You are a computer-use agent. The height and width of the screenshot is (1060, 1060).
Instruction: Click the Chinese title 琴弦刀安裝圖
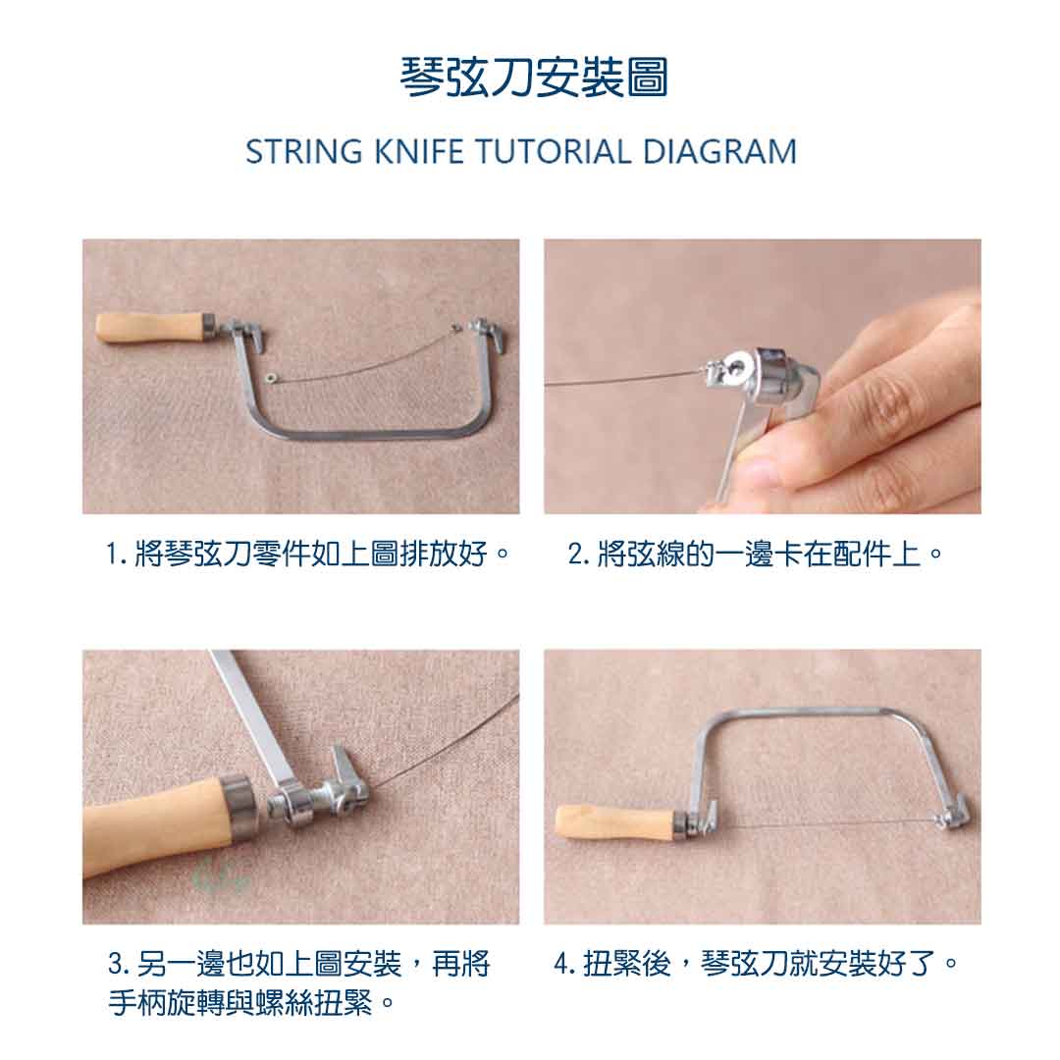click(x=534, y=78)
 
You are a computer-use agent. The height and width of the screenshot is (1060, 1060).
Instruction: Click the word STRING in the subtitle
click(x=304, y=151)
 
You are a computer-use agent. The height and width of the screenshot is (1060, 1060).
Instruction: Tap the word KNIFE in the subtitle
click(x=418, y=151)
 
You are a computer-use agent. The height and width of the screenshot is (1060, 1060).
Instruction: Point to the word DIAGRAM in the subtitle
click(x=719, y=151)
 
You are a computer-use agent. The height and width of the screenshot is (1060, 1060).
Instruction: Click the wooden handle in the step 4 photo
click(x=615, y=822)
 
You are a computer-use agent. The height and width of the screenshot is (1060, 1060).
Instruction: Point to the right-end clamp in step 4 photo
click(x=952, y=813)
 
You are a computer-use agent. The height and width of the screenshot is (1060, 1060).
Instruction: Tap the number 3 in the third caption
click(x=116, y=964)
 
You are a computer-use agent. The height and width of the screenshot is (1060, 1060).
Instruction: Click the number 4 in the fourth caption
click(x=562, y=964)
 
